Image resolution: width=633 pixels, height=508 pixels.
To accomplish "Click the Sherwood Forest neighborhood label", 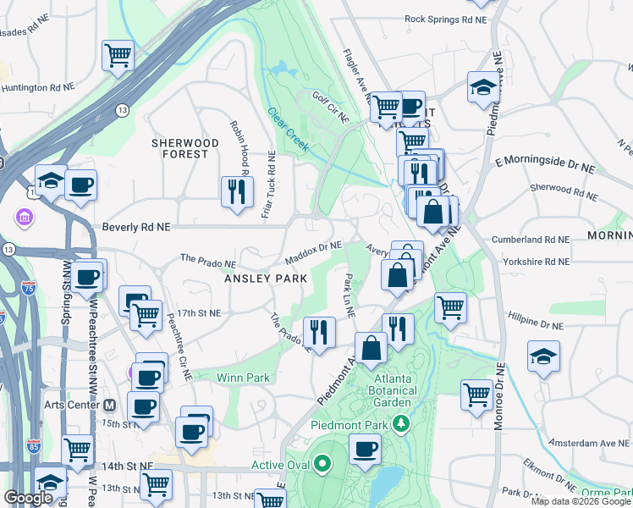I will click(x=179, y=148).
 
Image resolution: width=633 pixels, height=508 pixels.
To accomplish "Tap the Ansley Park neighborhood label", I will click(x=259, y=278).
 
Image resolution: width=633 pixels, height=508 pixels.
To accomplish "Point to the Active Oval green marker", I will click(x=322, y=464).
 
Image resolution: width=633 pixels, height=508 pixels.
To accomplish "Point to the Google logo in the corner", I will click(x=29, y=498).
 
